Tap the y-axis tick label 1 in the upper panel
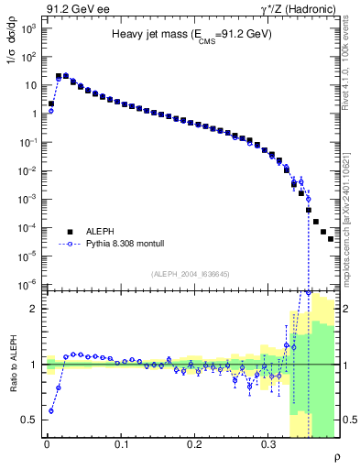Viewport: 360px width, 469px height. tap(33, 114)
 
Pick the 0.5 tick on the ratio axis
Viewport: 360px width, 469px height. tap(29, 420)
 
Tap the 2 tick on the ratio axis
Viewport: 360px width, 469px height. tap(33, 309)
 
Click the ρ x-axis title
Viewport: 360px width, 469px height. tap(336, 457)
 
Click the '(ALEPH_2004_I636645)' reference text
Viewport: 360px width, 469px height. tap(191, 274)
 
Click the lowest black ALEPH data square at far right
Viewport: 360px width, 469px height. tap(331, 239)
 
